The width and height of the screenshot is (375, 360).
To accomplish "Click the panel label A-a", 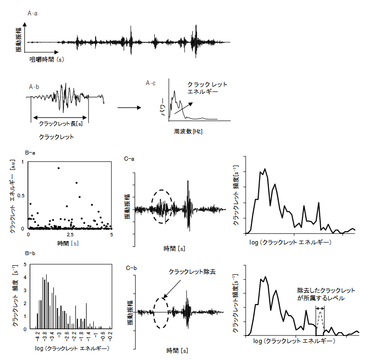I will coord(33,13).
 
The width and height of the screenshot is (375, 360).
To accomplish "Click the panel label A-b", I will coord(34,87).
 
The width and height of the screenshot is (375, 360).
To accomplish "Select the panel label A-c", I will coord(151,83).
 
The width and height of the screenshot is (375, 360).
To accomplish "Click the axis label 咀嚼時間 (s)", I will coord(47,60).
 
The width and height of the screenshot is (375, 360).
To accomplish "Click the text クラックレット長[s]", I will coord(60,123).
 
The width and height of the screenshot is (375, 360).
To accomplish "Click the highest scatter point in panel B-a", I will coord(59,168).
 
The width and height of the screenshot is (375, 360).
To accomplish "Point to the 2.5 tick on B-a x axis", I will coord(70,234).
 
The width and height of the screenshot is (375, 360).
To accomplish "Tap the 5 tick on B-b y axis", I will coord(25,264).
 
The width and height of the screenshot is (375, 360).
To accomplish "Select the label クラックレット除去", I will coord(192,272).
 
